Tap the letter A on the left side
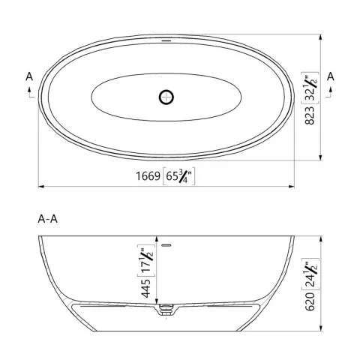point(28,77)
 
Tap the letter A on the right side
point(330,77)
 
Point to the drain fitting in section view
point(166,308)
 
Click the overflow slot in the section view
point(167,244)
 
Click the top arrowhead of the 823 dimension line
point(322,35)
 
